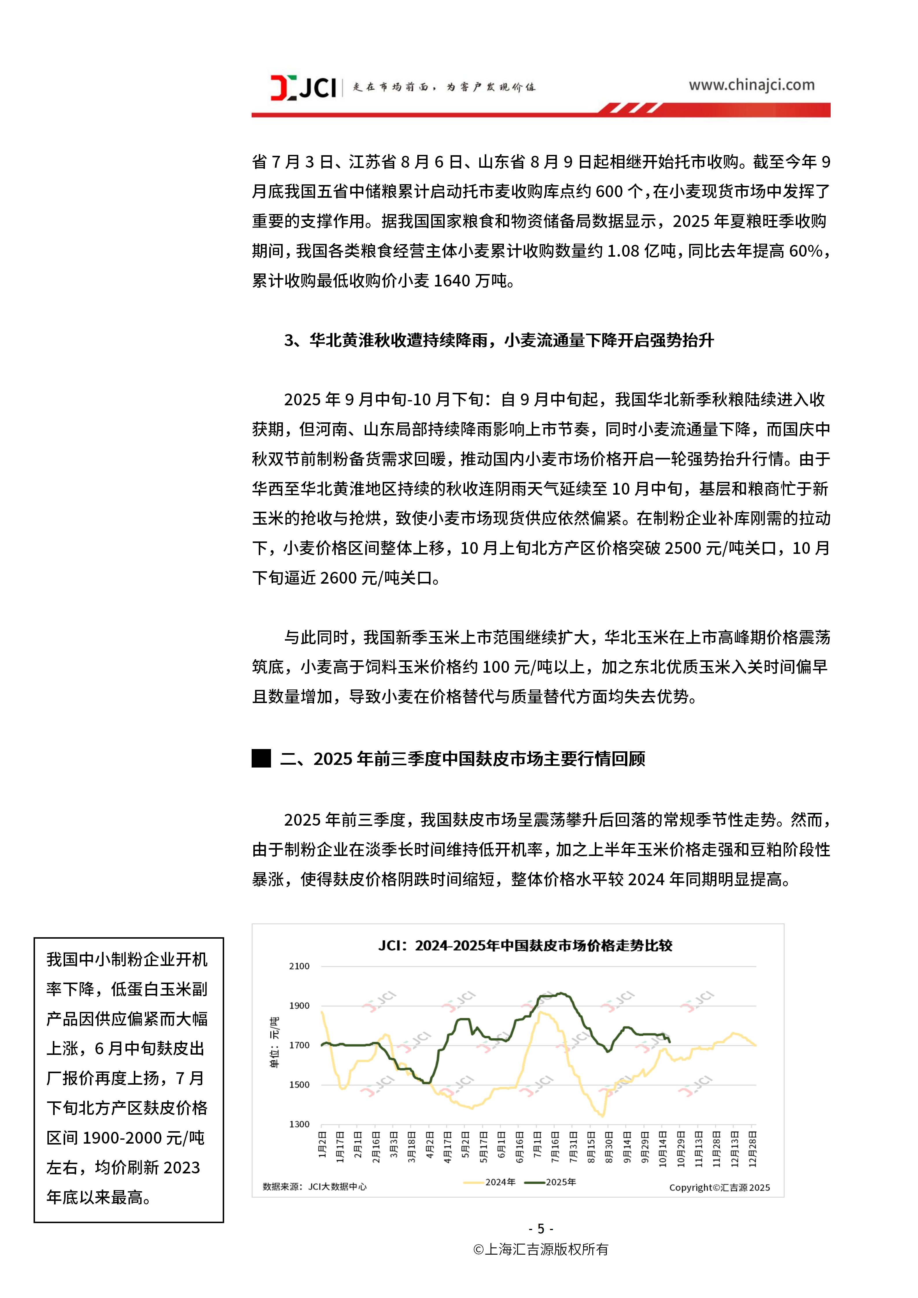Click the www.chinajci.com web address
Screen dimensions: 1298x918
(751, 85)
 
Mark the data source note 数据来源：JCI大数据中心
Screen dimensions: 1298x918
(314, 1187)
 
